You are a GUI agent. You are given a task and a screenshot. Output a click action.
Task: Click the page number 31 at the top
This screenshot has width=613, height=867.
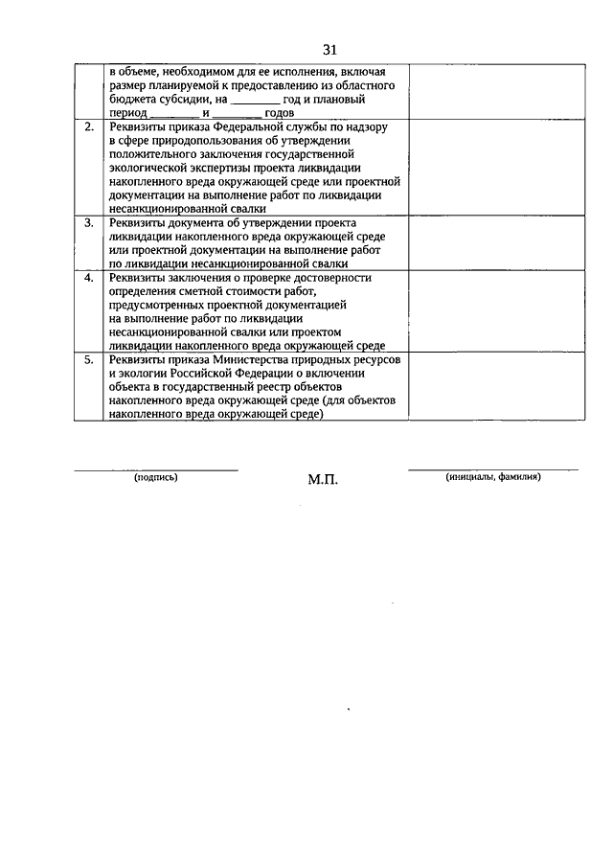(330, 50)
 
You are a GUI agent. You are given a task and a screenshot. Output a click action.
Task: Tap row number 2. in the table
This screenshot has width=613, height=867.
(89, 126)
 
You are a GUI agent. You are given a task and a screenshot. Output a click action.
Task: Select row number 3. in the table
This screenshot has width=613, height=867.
(89, 222)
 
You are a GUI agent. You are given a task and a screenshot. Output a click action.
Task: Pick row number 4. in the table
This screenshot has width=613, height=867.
(89, 278)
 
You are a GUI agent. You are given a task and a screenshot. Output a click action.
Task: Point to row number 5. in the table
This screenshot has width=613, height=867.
(89, 359)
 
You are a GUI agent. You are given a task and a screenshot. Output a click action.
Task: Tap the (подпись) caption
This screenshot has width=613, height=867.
(156, 477)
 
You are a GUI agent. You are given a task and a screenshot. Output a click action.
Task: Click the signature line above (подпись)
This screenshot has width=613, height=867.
(156, 469)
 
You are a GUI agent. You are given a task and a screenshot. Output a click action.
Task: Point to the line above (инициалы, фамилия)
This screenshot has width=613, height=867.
(493, 469)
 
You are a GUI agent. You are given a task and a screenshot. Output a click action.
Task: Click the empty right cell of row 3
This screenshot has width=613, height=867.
(496, 241)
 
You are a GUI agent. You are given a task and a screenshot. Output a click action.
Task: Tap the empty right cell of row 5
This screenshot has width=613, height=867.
(496, 386)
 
